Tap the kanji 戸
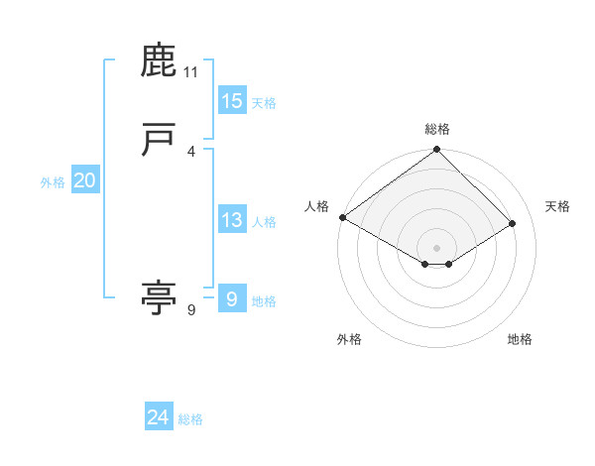pos(159,141)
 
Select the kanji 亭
pos(159,296)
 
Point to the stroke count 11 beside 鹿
pos(191,73)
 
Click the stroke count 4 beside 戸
pos(191,152)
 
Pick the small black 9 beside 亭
pos(191,310)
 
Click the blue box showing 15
pos(231,101)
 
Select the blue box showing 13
pos(231,220)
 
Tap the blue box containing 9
pos(231,298)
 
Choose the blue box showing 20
pos(84,180)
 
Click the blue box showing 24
pos(158,417)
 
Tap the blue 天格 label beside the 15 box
pos(264,103)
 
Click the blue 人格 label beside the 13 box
pos(264,222)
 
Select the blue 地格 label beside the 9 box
pos(264,300)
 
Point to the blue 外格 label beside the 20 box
pos(53,182)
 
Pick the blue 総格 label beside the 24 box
pos(190,419)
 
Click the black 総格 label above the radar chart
pos(437,129)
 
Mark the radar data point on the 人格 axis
pos(342,217)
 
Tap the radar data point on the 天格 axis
pos(513,224)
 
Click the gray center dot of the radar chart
pos(437,247)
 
